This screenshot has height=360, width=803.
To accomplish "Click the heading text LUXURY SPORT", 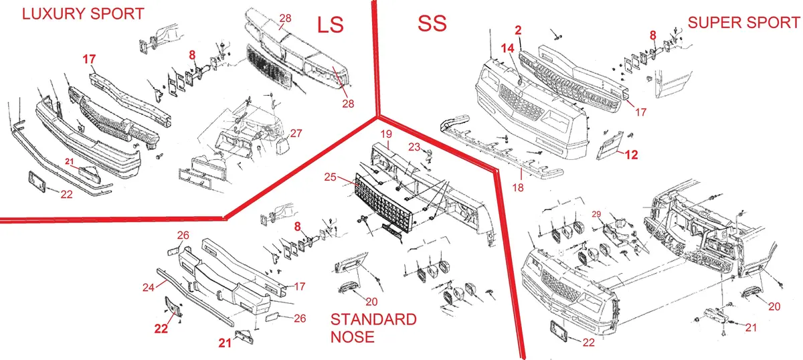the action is click(83, 14).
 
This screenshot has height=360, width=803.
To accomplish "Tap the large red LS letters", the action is click(330, 25).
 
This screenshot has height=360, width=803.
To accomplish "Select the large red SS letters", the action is click(432, 23).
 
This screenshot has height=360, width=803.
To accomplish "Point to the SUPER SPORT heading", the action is click(744, 23).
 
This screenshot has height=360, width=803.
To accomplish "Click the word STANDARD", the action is click(373, 319).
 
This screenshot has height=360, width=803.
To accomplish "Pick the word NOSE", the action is click(353, 337).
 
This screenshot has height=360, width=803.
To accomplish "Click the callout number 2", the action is click(518, 31).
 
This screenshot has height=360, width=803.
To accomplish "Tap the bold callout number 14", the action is click(507, 48).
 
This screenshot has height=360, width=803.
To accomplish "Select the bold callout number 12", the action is click(631, 155).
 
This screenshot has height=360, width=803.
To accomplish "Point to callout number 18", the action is click(518, 187).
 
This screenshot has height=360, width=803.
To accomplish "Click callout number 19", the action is click(386, 134).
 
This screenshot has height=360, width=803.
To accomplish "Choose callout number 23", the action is click(414, 147).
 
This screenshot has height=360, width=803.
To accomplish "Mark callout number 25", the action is click(330, 177).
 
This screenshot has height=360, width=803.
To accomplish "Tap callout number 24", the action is click(149, 287).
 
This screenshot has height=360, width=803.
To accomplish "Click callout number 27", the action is click(296, 133).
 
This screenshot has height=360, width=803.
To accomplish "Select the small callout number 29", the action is click(596, 214).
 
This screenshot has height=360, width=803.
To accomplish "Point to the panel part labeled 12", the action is click(610, 145).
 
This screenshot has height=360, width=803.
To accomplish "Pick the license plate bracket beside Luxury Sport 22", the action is click(37, 181).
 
